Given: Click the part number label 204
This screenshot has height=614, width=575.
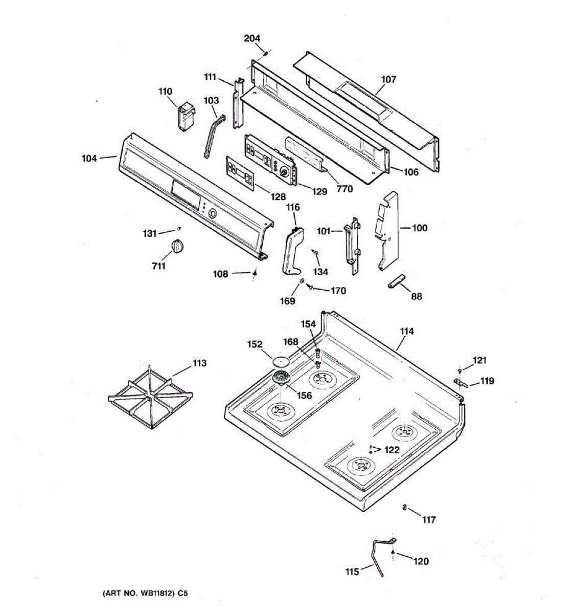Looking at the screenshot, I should [251, 38].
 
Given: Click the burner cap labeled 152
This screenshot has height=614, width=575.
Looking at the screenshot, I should [281, 361].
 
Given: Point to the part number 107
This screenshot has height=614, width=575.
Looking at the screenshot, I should [388, 80].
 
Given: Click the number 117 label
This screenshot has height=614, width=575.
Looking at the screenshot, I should [428, 520].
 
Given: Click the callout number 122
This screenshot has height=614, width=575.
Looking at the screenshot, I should [392, 450].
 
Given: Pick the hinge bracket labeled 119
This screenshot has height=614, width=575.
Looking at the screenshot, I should [461, 383].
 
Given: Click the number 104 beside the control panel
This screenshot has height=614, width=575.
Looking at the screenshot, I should [89, 159].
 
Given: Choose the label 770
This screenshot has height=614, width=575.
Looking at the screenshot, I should [344, 189].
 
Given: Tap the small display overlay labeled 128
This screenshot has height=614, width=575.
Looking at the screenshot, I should [240, 173].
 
